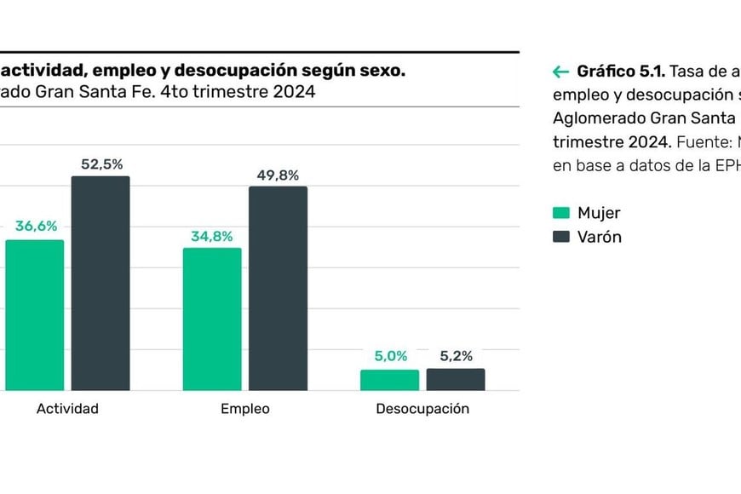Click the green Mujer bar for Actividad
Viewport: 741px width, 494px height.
35,315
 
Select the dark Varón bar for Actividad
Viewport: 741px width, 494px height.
101,284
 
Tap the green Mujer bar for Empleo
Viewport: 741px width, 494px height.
212,319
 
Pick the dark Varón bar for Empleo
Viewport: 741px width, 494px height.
278,289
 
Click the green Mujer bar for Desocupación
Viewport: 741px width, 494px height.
389,380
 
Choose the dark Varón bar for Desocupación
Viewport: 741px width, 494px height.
456,380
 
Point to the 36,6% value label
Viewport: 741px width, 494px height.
36,227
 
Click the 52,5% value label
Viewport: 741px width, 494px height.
102,164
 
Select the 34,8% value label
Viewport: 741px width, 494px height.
212,236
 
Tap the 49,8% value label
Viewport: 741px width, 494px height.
278,175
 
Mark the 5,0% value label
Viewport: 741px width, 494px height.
390,357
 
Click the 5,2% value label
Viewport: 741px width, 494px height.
456,357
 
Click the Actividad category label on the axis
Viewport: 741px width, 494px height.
67,409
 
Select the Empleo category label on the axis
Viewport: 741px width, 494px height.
245,409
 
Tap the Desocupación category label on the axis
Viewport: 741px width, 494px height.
422,409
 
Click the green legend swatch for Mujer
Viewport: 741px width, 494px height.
560,213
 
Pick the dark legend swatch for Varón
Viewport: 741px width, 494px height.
560,237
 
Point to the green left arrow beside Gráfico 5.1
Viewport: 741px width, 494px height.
560,72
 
